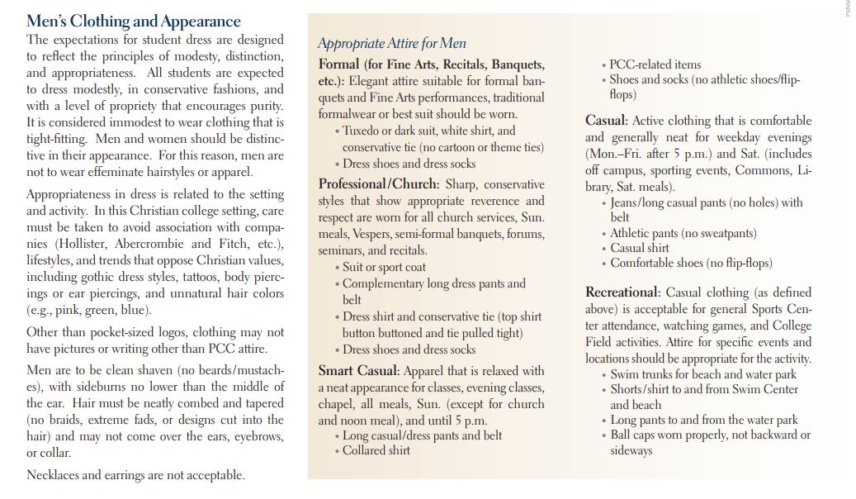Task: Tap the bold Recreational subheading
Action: pyautogui.click(x=622, y=292)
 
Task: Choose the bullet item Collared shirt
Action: pyautogui.click(x=376, y=450)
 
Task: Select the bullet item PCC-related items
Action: pyautogui.click(x=655, y=64)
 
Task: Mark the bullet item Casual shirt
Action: pyautogui.click(x=640, y=248)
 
